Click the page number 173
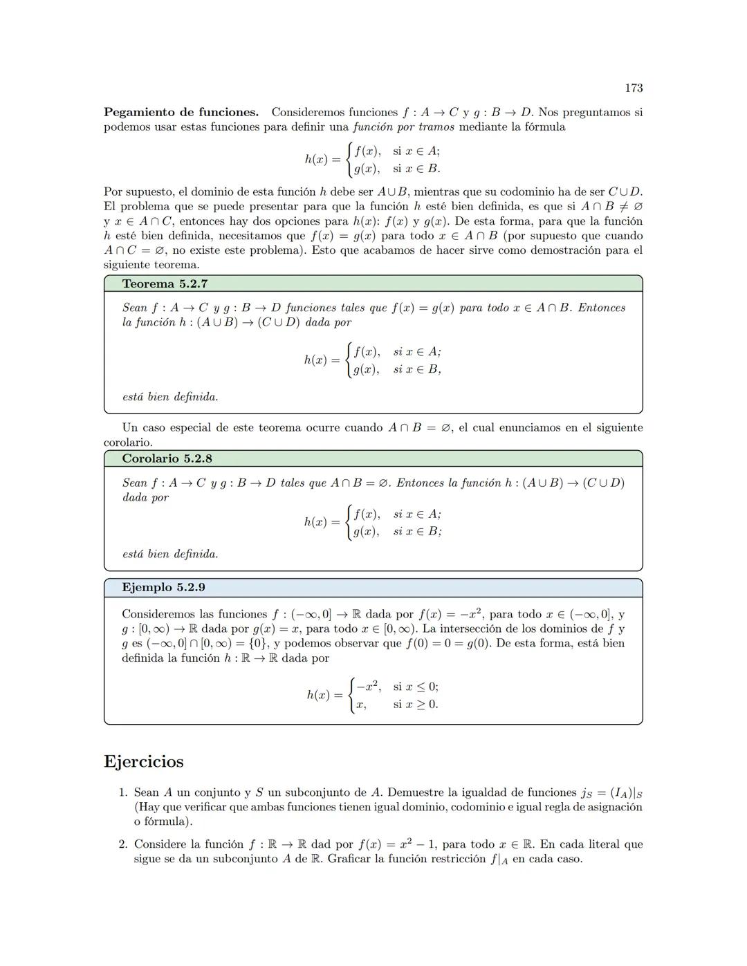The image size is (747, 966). (633, 88)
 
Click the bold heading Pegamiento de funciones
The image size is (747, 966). (181, 112)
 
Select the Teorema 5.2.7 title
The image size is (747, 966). (165, 284)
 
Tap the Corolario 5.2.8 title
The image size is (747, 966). (167, 458)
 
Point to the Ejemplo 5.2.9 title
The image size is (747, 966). (163, 587)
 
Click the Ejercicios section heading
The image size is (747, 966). (144, 761)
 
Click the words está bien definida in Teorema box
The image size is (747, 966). (170, 397)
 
